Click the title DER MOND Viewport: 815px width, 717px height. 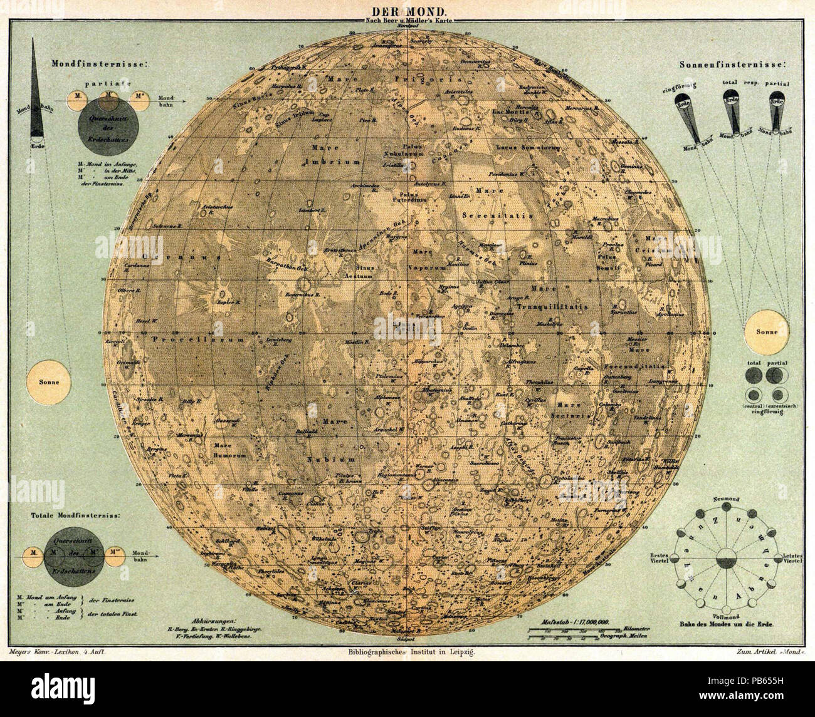pos(408,11)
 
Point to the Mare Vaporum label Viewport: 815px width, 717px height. pos(428,260)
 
